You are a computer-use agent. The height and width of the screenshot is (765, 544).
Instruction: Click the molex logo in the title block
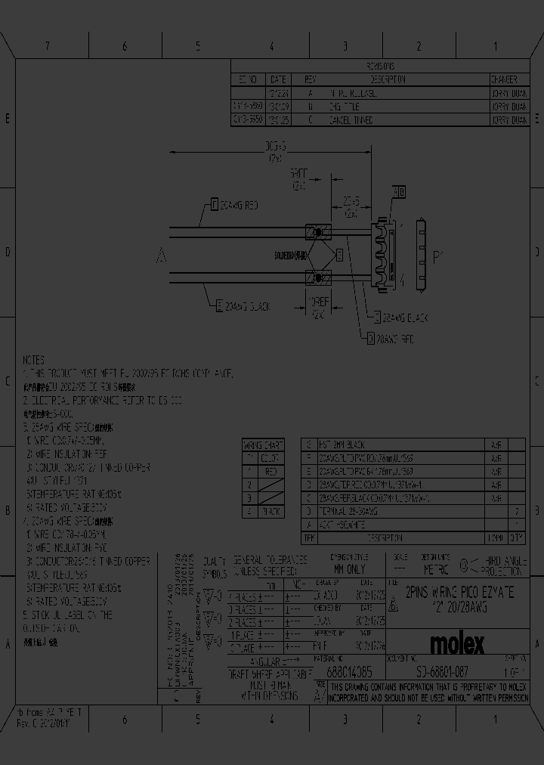tap(457, 643)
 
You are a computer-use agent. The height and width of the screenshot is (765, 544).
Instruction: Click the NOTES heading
tap(33, 360)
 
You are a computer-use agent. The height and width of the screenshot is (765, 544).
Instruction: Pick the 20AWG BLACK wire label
tap(243, 306)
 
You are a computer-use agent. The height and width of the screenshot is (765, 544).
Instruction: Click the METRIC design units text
tap(435, 569)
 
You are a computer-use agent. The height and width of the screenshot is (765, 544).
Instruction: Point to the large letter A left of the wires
tap(161, 257)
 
